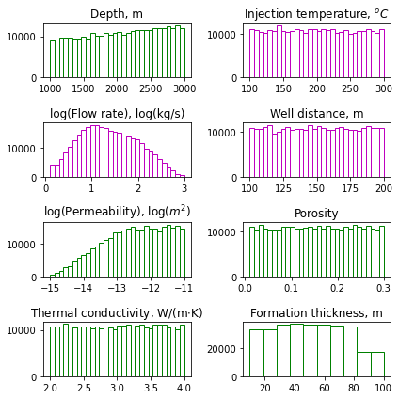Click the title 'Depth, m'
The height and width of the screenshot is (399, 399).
tap(117, 14)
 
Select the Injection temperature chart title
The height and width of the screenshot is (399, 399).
tap(316, 14)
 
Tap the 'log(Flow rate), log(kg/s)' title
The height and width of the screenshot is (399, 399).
tap(118, 114)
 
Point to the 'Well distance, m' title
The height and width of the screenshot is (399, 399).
tap(317, 113)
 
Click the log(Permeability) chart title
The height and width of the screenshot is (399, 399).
tap(118, 212)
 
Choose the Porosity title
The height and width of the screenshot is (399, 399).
tap(316, 214)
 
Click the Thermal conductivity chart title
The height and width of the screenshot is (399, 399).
tap(117, 313)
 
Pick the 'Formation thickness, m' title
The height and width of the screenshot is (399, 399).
tap(316, 313)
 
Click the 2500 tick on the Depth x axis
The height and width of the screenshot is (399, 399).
tap(151, 88)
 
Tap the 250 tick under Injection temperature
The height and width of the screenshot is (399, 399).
tap(350, 88)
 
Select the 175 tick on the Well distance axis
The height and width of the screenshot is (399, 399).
tap(350, 188)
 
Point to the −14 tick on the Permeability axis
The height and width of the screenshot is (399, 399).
tap(83, 288)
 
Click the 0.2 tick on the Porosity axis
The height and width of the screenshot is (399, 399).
tap(338, 288)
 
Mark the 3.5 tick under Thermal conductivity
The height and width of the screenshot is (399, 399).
tap(151, 388)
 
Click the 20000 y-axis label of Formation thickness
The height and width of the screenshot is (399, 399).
tap(222, 349)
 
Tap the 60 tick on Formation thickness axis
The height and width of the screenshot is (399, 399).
tap(325, 388)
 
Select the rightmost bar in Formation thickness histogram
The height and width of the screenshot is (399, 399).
tap(377, 364)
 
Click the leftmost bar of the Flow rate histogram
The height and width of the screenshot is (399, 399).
tap(53, 171)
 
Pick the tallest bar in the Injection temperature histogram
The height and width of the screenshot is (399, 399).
tap(279, 52)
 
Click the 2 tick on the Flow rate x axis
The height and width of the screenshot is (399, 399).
tap(138, 188)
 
